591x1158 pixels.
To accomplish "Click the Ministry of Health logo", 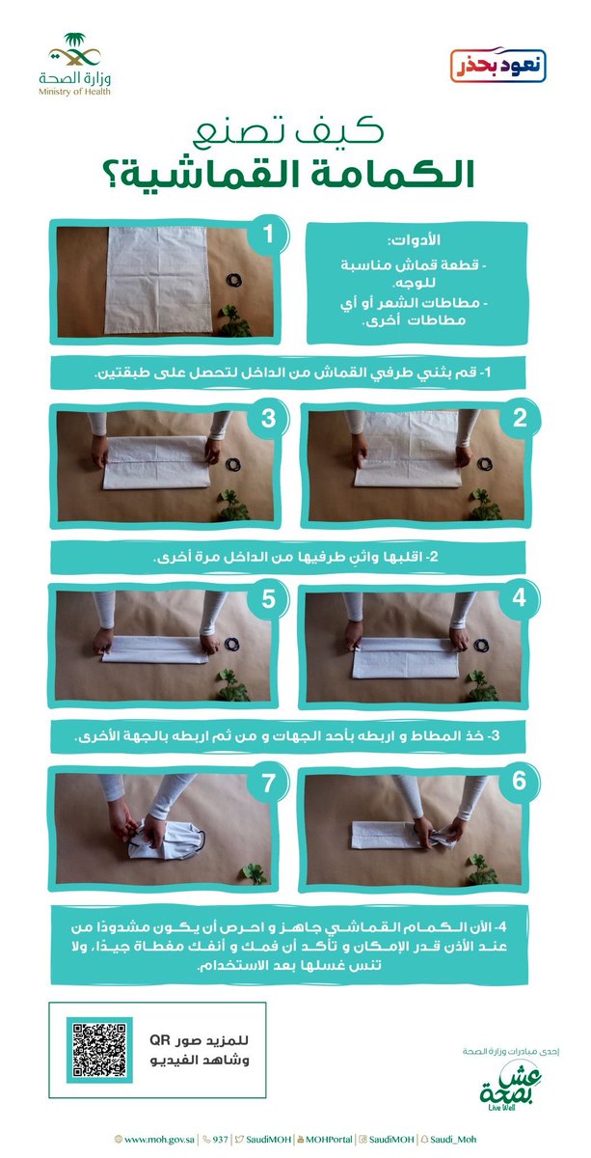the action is click(x=74, y=64).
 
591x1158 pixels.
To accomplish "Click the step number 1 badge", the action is click(x=268, y=234).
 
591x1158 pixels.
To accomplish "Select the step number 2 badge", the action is click(x=520, y=418).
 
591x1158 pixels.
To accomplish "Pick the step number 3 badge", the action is click(x=268, y=418).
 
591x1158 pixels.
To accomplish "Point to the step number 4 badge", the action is click(x=520, y=597).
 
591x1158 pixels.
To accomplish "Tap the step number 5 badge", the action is click(x=268, y=598).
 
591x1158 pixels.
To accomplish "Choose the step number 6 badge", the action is click(x=520, y=780).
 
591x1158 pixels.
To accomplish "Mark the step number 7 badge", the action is click(x=268, y=783).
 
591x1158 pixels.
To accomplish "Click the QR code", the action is click(x=99, y=1050).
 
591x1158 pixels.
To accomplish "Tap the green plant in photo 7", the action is click(x=254, y=873).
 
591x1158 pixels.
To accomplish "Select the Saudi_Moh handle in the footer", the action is click(x=449, y=1140).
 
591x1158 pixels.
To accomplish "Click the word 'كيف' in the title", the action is click(x=340, y=132).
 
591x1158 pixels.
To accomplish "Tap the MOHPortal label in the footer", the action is click(x=325, y=1140).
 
